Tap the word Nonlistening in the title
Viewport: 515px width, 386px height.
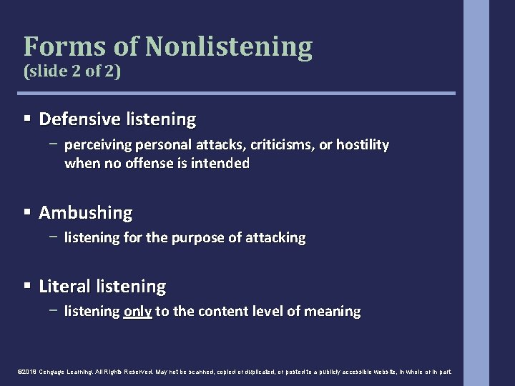tap(229, 46)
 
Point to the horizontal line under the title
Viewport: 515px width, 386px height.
tap(239, 93)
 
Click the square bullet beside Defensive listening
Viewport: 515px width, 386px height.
tap(27, 118)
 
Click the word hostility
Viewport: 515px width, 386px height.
tap(363, 146)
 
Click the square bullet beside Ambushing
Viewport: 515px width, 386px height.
tap(27, 213)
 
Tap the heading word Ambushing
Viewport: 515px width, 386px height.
tap(86, 213)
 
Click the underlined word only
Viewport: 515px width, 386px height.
tap(137, 312)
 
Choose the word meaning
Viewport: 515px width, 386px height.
tap(333, 312)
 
